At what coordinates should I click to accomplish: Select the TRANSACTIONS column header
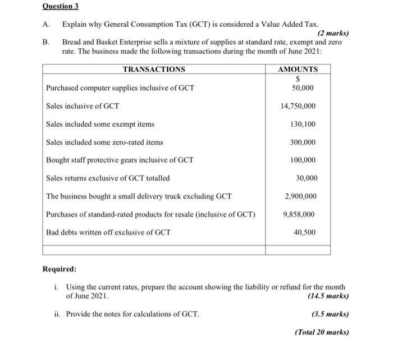click(x=153, y=70)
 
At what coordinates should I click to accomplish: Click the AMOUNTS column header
click(x=298, y=70)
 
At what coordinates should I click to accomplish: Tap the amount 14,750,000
click(x=298, y=106)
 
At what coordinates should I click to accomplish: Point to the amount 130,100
click(x=303, y=124)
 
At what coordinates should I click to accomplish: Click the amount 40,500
click(x=305, y=232)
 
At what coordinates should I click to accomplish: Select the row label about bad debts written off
click(x=108, y=232)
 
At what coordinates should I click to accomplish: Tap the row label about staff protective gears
click(x=120, y=160)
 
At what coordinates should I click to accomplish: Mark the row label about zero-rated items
click(x=104, y=142)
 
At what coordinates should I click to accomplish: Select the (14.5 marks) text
click(x=328, y=296)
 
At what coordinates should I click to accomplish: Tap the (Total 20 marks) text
click(x=321, y=332)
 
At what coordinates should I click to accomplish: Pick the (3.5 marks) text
click(x=330, y=314)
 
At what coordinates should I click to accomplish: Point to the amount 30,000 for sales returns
click(x=307, y=178)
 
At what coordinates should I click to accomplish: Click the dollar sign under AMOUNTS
click(x=298, y=80)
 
